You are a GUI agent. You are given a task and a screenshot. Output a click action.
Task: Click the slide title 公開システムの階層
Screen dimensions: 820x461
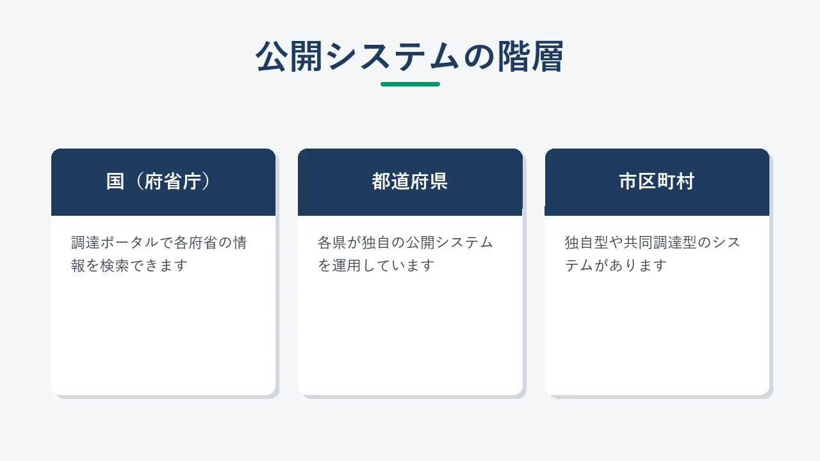409,57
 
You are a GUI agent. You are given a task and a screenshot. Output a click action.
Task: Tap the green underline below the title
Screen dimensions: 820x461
410,84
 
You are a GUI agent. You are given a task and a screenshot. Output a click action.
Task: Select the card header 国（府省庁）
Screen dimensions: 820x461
158,181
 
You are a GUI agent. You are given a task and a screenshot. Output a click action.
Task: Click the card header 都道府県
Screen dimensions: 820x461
409,181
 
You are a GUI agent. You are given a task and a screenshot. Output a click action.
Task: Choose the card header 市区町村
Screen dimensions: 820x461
657,181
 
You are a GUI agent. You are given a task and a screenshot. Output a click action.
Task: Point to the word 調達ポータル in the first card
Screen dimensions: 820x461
115,243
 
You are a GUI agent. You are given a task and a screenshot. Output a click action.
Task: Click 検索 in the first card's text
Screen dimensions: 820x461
115,266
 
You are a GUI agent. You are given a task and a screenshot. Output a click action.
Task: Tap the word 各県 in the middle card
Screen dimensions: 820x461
332,243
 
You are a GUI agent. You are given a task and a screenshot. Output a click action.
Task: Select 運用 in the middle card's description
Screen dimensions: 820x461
347,266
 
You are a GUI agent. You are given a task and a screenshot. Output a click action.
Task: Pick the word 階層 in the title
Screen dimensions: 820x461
530,57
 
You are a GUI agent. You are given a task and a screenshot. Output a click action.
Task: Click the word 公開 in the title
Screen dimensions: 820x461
289,57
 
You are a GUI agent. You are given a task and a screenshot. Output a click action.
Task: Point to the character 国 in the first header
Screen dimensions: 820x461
115,181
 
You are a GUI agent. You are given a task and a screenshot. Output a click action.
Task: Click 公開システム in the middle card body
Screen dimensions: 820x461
450,243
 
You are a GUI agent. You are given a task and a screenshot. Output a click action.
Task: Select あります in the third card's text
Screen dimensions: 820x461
638,266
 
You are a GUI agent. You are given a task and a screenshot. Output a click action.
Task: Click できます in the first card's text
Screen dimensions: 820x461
159,266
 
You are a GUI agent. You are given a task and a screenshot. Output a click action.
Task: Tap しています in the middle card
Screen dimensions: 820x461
398,266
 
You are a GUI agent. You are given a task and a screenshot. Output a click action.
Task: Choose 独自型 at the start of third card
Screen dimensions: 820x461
587,243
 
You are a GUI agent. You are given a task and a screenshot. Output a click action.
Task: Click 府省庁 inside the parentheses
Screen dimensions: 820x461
173,181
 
